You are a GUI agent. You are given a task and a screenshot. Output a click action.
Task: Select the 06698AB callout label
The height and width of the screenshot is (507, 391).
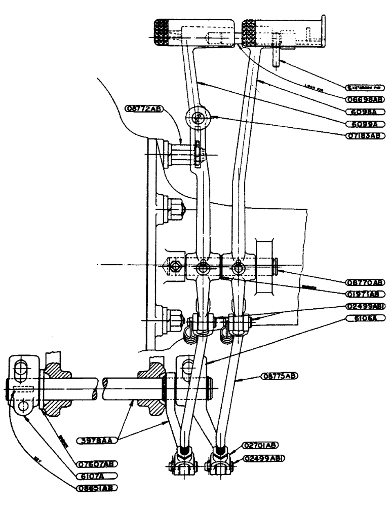click(364, 100)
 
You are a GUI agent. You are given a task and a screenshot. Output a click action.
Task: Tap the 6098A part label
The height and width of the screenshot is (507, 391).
click(364, 112)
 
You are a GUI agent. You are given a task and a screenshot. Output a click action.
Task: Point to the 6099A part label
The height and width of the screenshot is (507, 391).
click(364, 123)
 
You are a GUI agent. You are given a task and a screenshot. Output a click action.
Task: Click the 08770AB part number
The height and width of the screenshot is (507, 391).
click(364, 282)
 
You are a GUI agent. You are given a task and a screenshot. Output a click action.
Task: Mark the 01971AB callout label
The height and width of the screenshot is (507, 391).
click(364, 294)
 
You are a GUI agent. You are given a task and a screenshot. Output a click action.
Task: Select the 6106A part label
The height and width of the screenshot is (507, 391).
click(364, 318)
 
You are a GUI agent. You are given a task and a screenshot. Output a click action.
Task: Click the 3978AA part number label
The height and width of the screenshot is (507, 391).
click(96, 441)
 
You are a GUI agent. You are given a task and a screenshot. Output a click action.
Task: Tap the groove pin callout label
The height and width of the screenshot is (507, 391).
click(364, 87)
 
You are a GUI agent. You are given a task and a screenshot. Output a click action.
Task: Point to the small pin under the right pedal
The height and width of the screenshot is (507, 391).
click(276, 57)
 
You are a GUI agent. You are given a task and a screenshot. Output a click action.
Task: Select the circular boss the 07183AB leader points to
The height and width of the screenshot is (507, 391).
click(197, 118)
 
